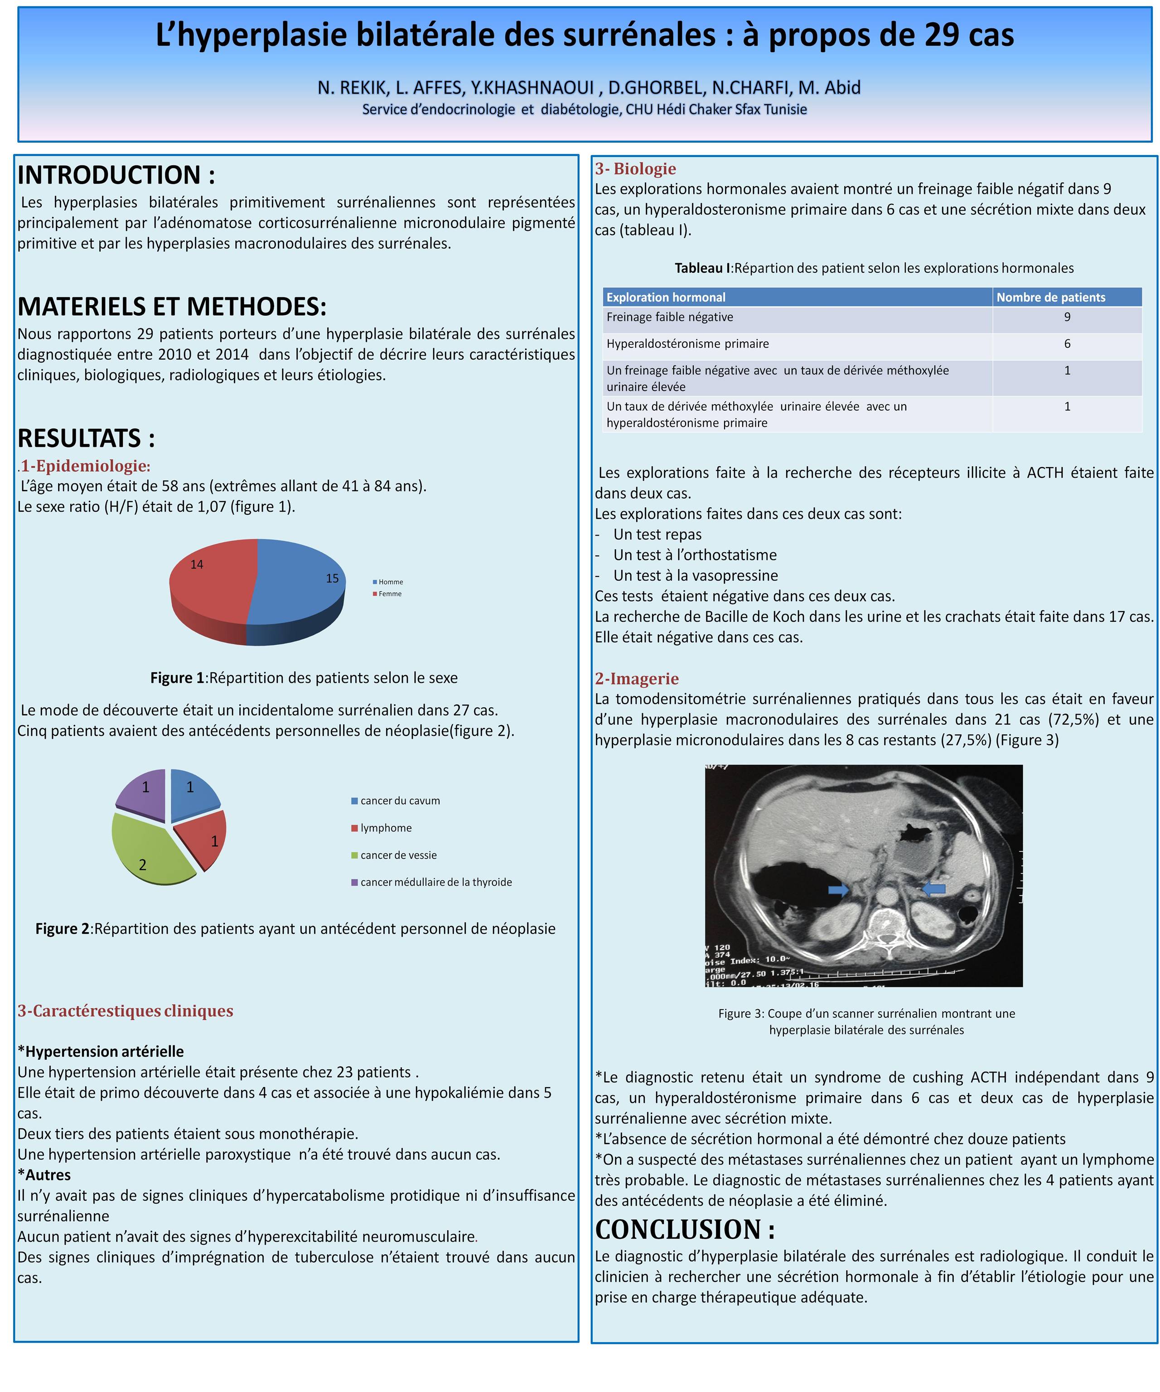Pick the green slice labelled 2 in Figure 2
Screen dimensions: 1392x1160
149,852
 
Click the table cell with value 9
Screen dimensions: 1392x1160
1067,318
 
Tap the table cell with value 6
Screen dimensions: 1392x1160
1067,344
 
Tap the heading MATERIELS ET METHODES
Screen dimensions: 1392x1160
172,306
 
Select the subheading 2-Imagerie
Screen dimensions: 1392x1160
636,679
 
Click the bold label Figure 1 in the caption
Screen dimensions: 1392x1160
177,678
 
